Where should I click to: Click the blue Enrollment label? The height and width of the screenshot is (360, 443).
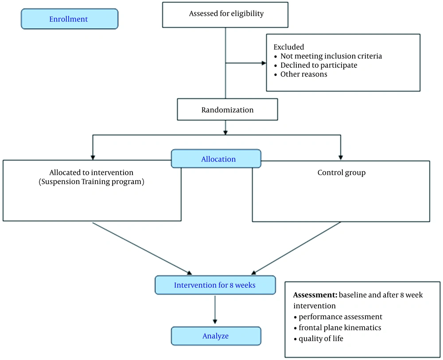(x=69, y=19)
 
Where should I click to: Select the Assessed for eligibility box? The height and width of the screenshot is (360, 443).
(x=226, y=14)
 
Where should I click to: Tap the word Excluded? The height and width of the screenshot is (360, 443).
(x=288, y=47)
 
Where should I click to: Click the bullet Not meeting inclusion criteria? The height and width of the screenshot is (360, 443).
(x=330, y=56)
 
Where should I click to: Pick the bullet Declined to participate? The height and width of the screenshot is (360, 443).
(x=319, y=65)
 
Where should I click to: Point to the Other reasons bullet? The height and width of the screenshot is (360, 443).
(x=303, y=74)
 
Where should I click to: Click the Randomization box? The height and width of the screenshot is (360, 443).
(x=227, y=110)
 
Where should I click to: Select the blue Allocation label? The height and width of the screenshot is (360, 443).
(x=218, y=159)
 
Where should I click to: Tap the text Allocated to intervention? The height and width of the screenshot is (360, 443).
(x=91, y=172)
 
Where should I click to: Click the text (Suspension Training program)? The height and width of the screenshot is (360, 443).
(x=91, y=182)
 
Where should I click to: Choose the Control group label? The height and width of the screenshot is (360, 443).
(x=341, y=173)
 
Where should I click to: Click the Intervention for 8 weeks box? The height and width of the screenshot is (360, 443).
(x=215, y=285)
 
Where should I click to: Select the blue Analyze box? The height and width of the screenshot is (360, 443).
(x=216, y=336)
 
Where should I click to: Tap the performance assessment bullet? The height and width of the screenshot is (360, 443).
(x=340, y=317)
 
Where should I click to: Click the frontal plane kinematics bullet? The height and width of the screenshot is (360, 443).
(x=339, y=328)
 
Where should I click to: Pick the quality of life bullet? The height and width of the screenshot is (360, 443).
(x=321, y=339)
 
